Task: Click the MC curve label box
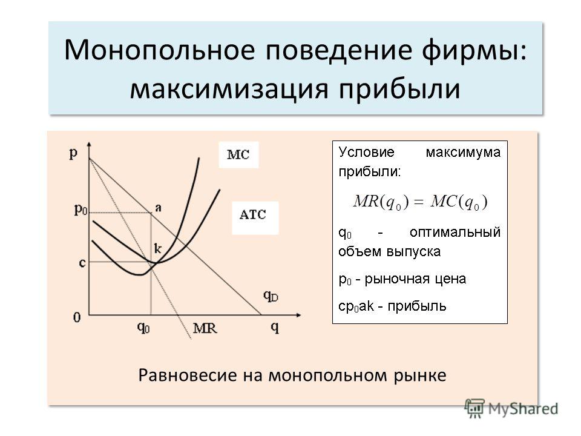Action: click(238, 154)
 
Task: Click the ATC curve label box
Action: click(255, 217)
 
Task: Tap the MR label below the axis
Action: click(205, 328)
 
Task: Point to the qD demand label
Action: click(271, 296)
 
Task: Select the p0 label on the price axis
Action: click(80, 210)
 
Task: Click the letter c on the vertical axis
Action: click(82, 263)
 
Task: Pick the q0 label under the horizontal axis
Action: click(143, 328)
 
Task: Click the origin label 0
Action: click(77, 318)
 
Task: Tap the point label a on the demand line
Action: click(158, 208)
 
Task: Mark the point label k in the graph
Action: click(158, 248)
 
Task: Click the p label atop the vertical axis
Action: click(73, 153)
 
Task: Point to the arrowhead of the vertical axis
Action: click(88, 145)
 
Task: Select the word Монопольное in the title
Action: click(160, 49)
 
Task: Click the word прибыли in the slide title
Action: click(399, 90)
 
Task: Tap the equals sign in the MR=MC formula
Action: click(418, 202)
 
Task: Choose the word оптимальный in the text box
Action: click(455, 233)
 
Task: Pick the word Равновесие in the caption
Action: click(187, 375)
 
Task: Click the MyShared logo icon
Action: click(474, 409)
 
